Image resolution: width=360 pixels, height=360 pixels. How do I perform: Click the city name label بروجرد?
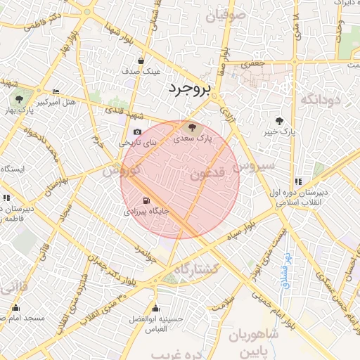[189, 89]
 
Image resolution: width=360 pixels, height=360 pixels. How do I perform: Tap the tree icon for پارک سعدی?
[191, 127]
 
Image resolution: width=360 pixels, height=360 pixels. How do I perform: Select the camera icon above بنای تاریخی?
[137, 132]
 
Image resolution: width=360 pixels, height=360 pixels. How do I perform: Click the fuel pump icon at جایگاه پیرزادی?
[146, 200]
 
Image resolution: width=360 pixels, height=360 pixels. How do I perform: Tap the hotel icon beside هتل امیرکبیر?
[56, 92]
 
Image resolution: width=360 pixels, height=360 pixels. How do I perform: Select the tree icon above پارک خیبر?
[280, 121]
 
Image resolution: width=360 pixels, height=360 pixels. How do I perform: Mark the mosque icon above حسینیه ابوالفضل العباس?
[156, 309]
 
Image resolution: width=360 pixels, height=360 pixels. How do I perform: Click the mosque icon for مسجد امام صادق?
[16, 308]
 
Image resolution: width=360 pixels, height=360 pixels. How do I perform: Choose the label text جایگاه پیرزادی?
[146, 211]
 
